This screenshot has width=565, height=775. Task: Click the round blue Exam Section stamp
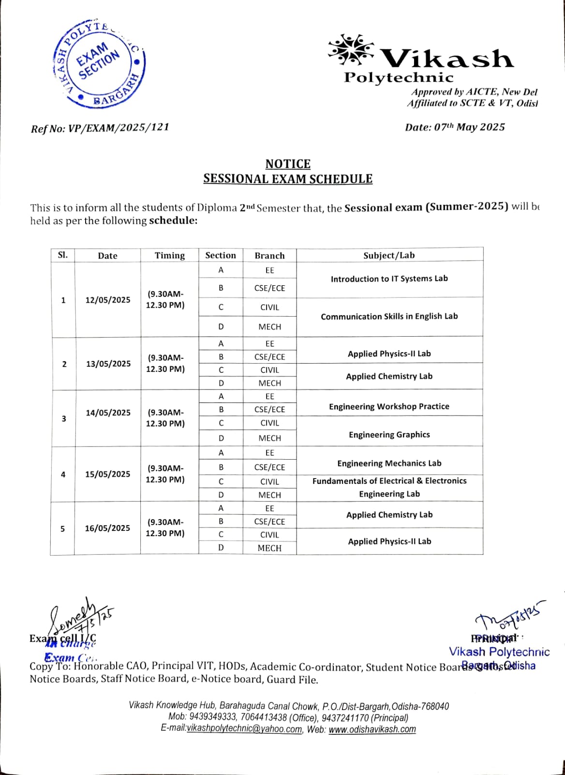point(98,64)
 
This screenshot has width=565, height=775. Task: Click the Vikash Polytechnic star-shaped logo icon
point(351,50)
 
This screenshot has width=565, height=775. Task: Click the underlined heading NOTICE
point(288,164)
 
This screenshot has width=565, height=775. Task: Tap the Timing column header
point(169,255)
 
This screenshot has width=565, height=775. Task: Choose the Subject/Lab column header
point(389,255)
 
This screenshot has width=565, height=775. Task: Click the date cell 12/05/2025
point(108,300)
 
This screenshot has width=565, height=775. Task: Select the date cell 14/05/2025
point(108,413)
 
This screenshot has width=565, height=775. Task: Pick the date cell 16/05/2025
point(107,528)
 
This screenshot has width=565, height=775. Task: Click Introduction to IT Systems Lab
point(389,279)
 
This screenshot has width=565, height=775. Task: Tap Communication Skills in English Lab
point(389,316)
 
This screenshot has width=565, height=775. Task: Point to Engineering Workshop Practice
point(389,406)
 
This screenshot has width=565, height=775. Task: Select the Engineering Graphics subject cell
point(389,434)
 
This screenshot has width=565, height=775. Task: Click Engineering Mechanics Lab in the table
point(389,463)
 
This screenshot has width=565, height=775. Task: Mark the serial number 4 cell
point(63,474)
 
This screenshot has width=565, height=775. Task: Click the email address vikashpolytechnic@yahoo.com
point(244,729)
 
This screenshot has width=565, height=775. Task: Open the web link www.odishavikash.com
point(372,729)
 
